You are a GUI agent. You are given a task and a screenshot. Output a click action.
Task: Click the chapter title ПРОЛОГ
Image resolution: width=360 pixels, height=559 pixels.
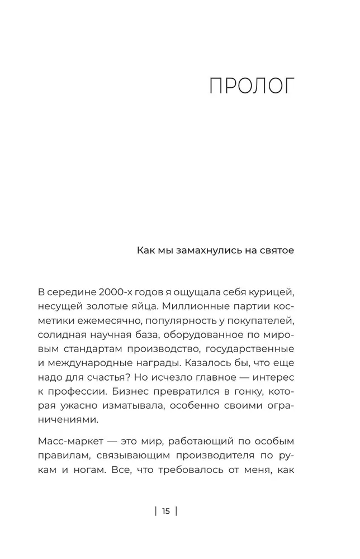[x=251, y=88]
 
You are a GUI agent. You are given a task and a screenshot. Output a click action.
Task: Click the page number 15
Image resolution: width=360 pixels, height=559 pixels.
[x=166, y=511]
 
